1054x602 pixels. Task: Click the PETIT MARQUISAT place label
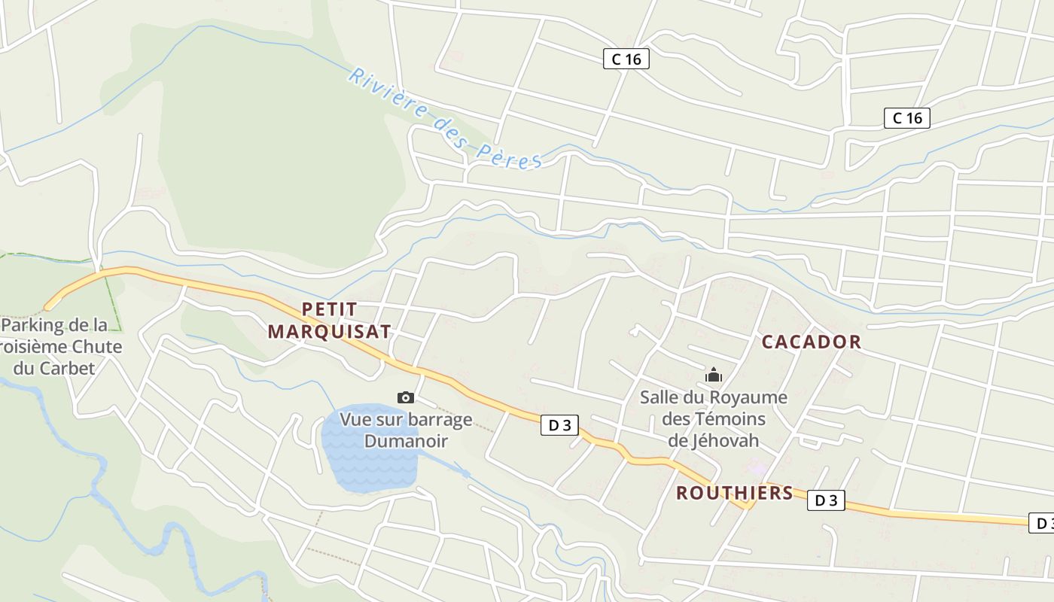[330, 321]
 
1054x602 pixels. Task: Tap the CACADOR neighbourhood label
[811, 342]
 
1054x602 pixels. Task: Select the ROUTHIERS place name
[734, 493]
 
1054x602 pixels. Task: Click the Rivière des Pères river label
[445, 119]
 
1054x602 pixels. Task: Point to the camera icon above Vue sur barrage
[406, 397]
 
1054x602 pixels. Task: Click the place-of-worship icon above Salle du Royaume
[713, 375]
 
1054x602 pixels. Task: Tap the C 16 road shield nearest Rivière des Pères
[626, 59]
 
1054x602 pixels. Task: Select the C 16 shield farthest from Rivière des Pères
[906, 117]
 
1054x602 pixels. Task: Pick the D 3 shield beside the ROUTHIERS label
[826, 500]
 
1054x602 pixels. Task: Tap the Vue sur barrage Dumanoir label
[406, 430]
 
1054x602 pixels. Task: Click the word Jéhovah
[713, 440]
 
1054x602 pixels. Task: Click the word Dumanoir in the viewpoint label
[406, 441]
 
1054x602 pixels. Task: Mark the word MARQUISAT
[330, 332]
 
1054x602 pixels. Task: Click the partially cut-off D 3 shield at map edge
[1042, 523]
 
